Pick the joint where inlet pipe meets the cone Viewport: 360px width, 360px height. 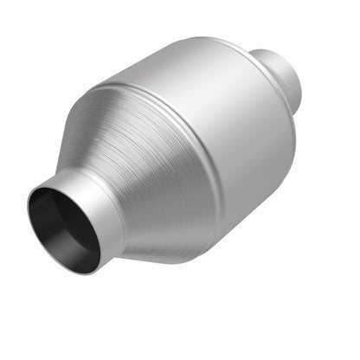121,208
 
